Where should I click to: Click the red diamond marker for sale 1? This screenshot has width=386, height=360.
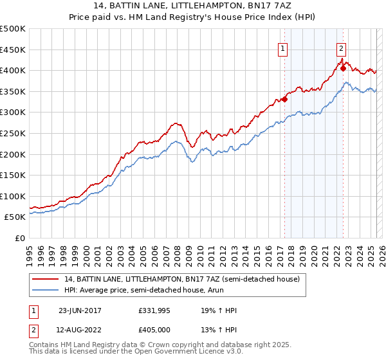coord(284,100)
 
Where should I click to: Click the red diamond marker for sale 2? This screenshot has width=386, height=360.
coord(343,69)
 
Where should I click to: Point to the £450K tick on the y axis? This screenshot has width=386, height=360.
coord(13,50)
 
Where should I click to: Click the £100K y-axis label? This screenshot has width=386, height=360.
coord(13,196)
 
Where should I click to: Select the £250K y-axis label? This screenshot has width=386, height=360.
coord(13,133)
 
